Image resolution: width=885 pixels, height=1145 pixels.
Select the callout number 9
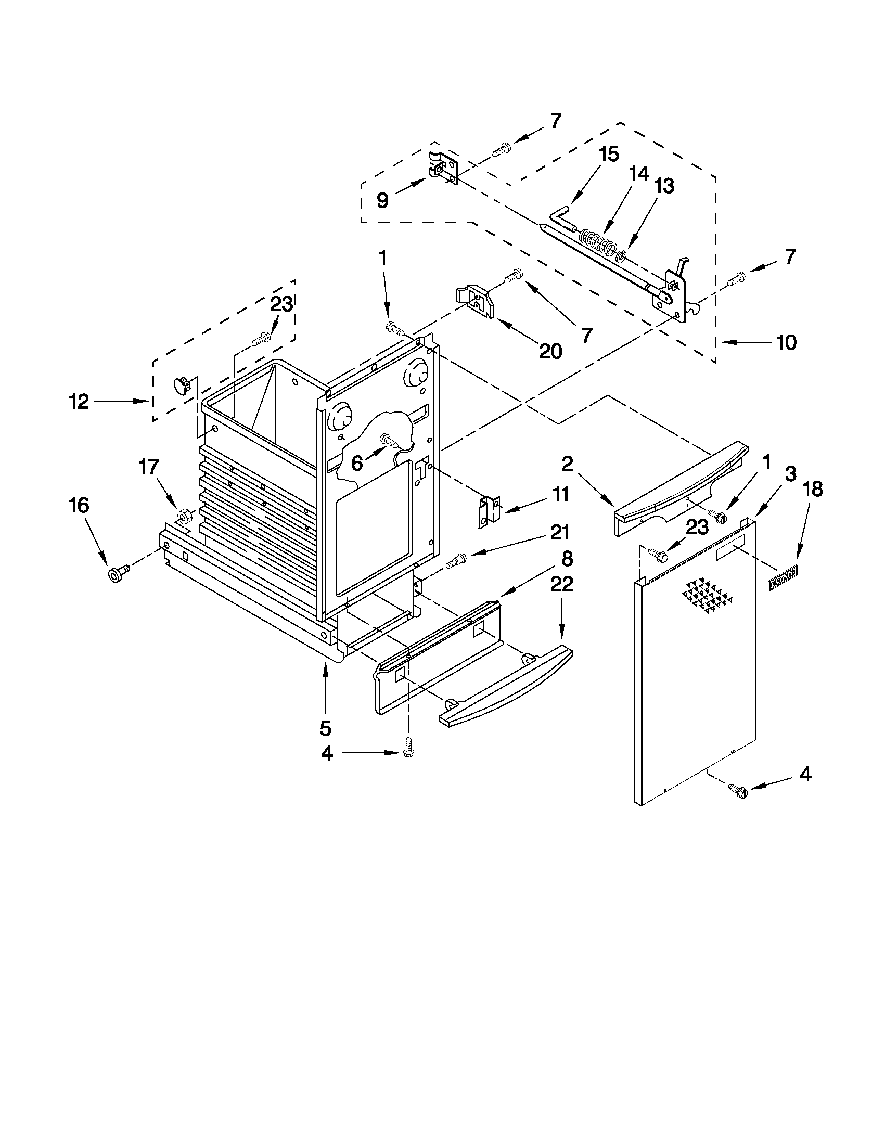383,200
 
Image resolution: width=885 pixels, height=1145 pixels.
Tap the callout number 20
550,351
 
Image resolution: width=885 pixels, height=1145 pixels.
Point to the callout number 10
786,342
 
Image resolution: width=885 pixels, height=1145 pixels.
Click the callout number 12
79,402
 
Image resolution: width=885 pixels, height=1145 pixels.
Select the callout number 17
149,466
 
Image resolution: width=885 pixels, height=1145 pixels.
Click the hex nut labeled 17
184,516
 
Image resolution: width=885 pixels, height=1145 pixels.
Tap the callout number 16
79,506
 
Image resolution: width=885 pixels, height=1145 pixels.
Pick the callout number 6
356,463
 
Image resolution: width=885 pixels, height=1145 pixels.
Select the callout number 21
559,533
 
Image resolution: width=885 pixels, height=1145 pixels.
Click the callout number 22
561,584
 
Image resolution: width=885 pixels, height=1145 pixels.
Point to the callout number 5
325,728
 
